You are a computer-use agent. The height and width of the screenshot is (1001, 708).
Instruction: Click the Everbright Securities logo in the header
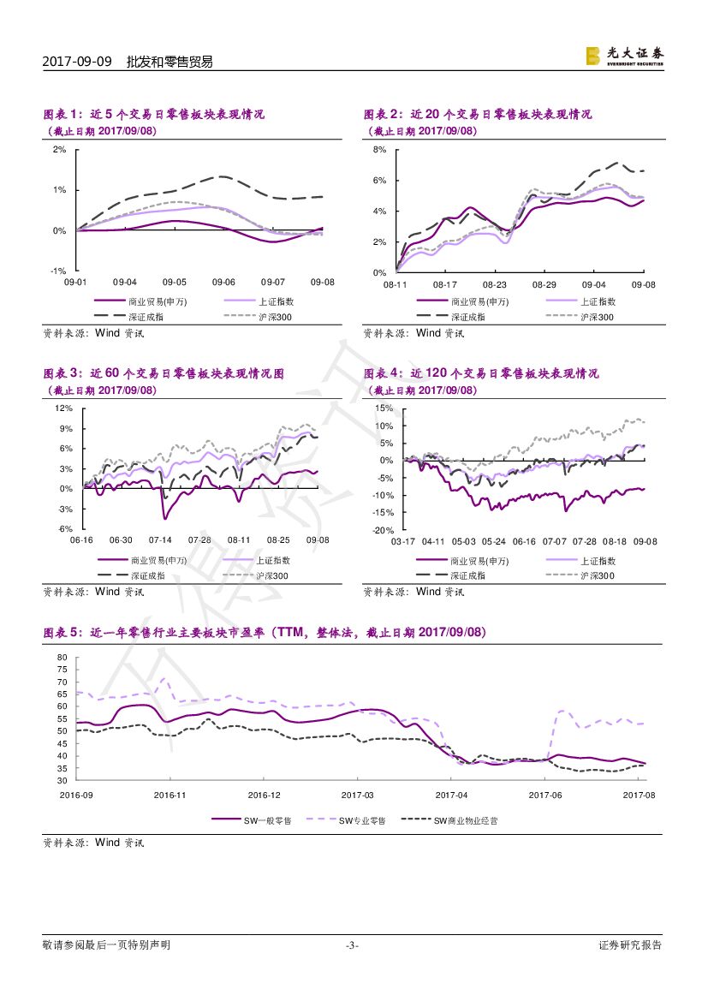(x=624, y=56)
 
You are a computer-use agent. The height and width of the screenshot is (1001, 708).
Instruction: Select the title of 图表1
(x=154, y=114)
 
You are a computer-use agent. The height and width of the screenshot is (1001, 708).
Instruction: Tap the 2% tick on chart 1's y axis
(x=59, y=149)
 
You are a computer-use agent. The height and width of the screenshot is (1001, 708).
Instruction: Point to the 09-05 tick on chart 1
(x=175, y=282)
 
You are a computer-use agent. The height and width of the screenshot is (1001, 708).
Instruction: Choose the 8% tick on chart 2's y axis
(x=380, y=150)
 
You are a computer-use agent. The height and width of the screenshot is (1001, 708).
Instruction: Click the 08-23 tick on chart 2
(x=495, y=283)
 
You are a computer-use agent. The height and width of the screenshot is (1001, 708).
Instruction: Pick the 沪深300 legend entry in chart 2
(x=597, y=317)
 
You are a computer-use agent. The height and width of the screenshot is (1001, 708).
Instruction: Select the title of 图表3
(x=164, y=373)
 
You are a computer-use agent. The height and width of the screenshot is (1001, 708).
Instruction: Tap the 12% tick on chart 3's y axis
(x=63, y=408)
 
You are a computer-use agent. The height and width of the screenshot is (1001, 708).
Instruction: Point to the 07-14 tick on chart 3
(x=160, y=540)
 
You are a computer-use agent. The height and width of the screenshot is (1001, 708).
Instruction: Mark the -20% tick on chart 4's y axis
(x=382, y=530)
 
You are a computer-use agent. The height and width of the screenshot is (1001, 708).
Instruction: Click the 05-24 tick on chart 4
(x=494, y=541)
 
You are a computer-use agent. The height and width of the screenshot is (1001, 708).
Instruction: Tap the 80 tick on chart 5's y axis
(x=62, y=658)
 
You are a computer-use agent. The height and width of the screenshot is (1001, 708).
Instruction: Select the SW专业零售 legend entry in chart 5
(x=361, y=820)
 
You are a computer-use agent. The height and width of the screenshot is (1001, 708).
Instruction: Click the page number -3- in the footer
(x=351, y=945)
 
